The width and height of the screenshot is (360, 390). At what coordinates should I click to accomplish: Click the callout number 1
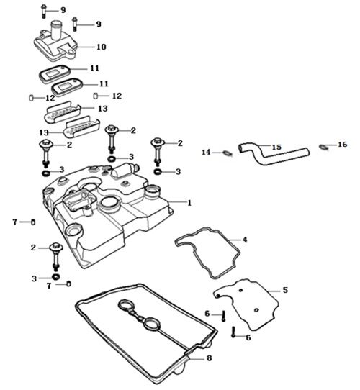[x=189, y=203]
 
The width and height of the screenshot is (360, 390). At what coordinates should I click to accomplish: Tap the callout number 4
[x=245, y=239]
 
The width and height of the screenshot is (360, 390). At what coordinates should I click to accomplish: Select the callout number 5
[x=285, y=289]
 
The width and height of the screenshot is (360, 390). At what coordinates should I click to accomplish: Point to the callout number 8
[x=209, y=357]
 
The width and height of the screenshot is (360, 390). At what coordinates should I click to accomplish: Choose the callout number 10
[x=101, y=46]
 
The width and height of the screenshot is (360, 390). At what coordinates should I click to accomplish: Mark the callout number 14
[x=206, y=153]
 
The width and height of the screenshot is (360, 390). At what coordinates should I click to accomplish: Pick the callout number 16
[x=342, y=145]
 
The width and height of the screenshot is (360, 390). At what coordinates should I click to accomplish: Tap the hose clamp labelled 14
[x=225, y=152]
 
